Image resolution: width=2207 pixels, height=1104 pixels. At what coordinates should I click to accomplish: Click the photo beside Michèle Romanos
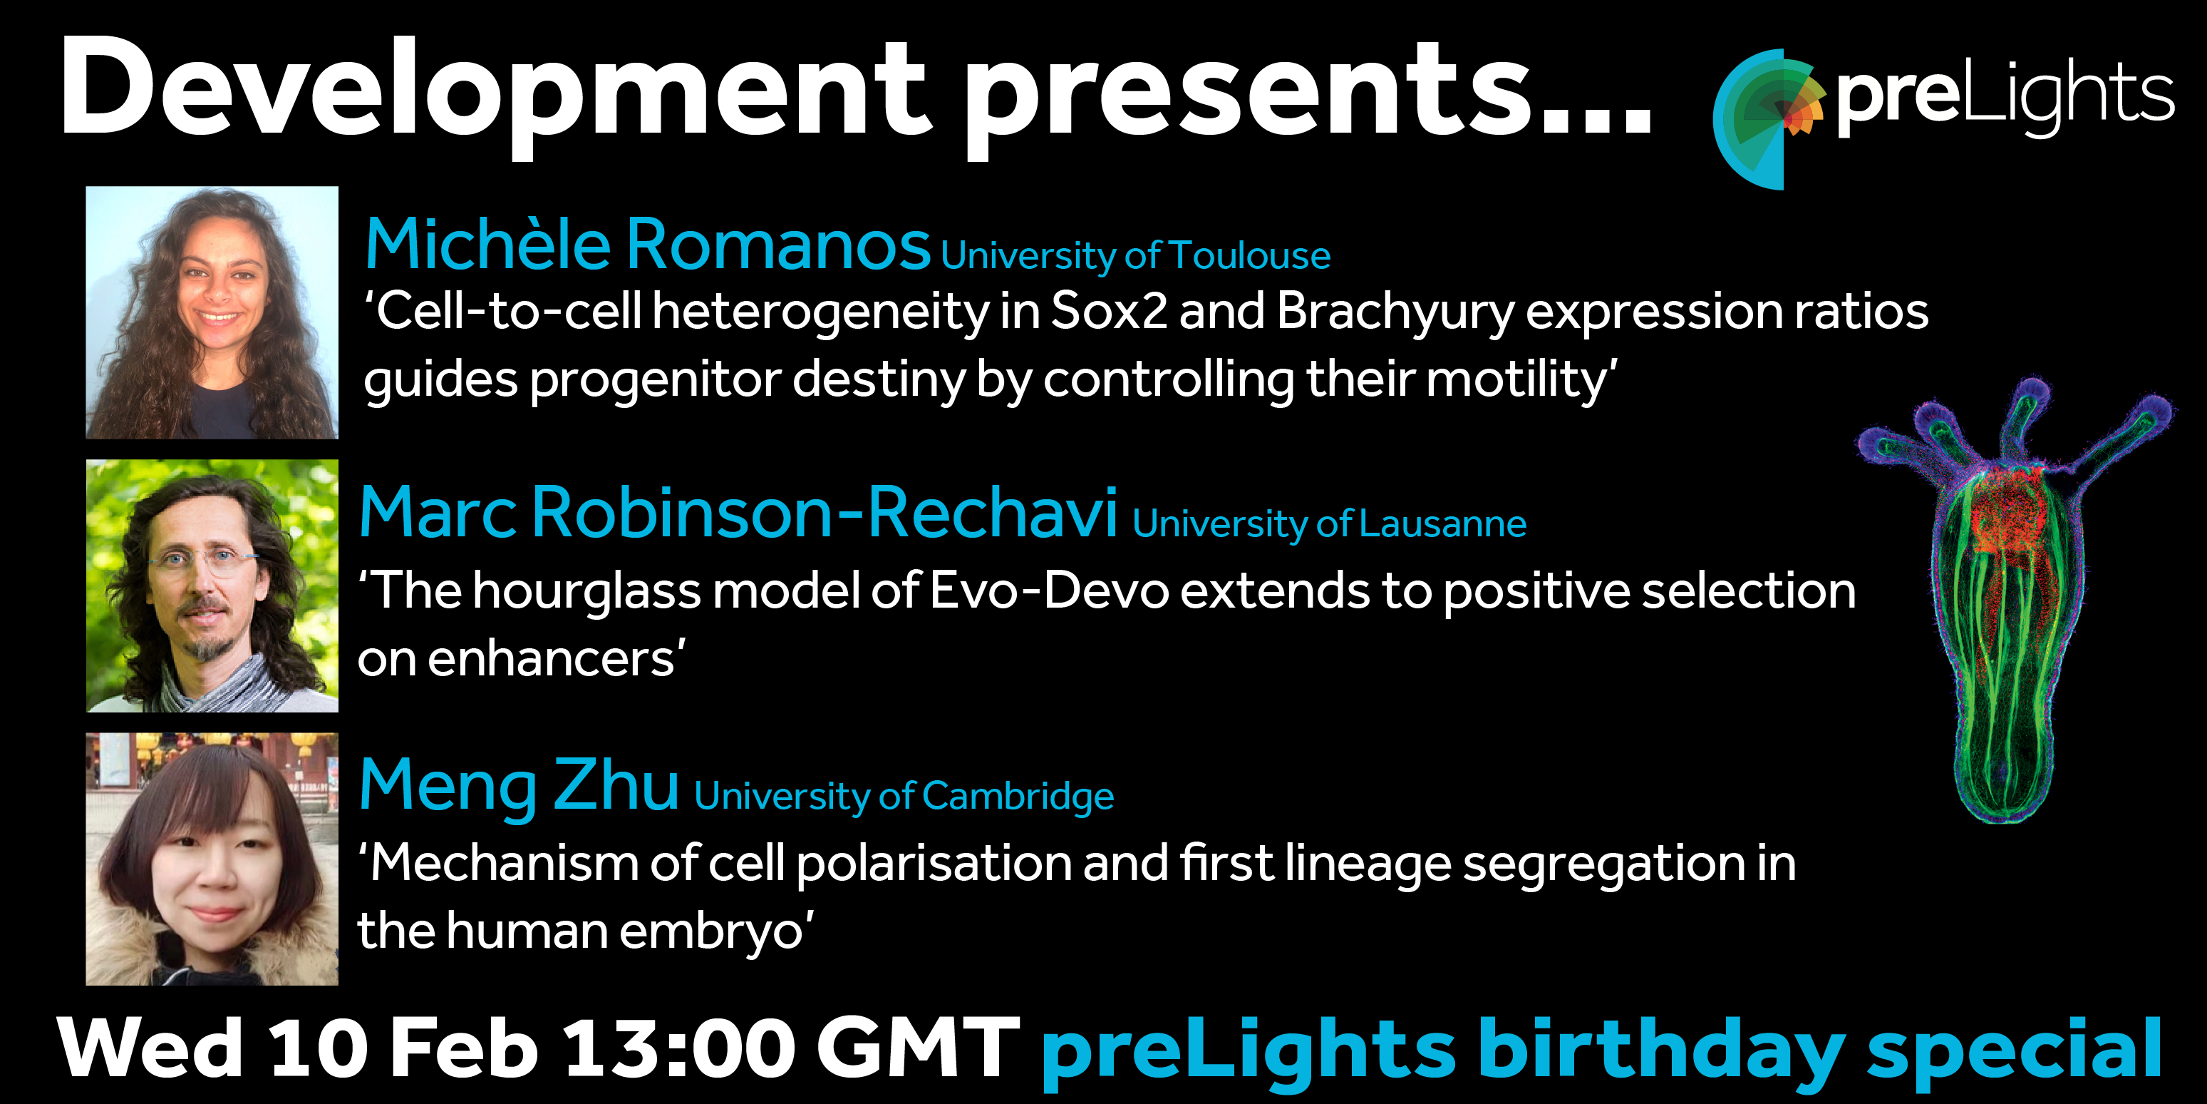(212, 313)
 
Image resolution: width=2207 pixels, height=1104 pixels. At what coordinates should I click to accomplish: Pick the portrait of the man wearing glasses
(212, 586)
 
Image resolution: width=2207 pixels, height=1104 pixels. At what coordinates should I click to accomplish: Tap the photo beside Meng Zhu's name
(212, 859)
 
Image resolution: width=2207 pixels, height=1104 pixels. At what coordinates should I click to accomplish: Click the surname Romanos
(778, 245)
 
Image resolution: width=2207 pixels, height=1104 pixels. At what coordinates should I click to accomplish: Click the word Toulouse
(1249, 255)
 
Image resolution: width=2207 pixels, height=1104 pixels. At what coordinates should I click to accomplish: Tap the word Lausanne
(1443, 523)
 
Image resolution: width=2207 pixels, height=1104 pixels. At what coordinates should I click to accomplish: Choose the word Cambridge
(1018, 797)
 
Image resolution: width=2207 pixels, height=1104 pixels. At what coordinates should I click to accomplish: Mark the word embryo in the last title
(711, 934)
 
